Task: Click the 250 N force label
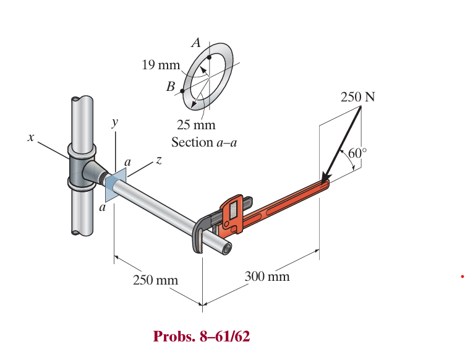tap(357, 96)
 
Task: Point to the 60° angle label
tap(357, 153)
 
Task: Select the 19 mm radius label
tap(161, 65)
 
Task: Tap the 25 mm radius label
tap(196, 124)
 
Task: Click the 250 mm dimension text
tap(155, 280)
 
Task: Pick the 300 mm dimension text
tap(267, 276)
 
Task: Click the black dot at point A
tap(209, 58)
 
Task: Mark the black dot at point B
tap(182, 91)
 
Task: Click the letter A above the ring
tap(196, 43)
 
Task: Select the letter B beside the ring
tap(171, 87)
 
